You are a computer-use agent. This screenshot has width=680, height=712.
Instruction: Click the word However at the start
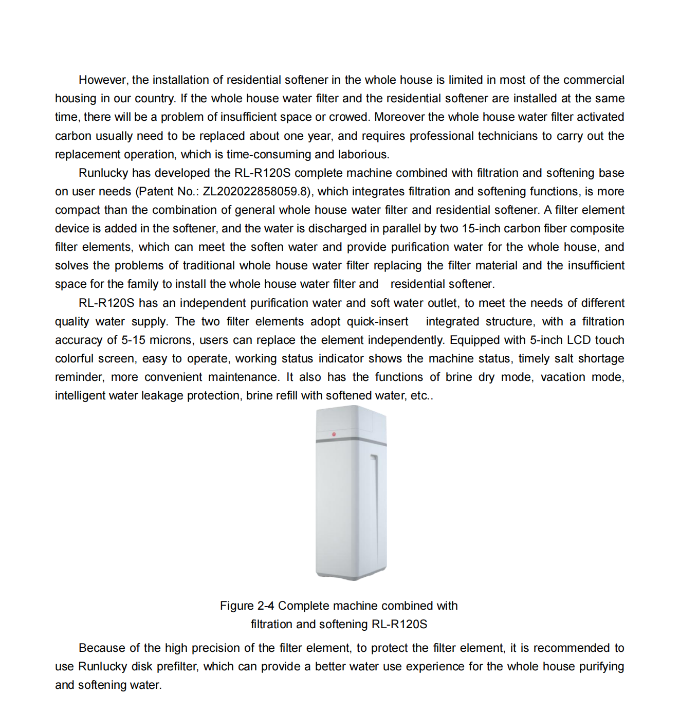pyautogui.click(x=102, y=80)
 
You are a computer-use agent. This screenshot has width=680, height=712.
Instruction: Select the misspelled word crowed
pyautogui.click(x=349, y=117)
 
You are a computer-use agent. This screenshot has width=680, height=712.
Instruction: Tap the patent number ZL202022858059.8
pyautogui.click(x=257, y=192)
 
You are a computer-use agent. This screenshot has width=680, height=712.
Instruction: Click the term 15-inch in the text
pyautogui.click(x=481, y=229)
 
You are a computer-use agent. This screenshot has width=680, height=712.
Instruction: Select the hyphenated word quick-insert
pyautogui.click(x=377, y=322)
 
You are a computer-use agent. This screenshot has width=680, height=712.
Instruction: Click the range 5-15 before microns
pyautogui.click(x=134, y=340)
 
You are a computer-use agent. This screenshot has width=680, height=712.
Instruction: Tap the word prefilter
pyautogui.click(x=177, y=667)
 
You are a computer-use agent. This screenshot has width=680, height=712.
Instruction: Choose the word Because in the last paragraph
pyautogui.click(x=102, y=648)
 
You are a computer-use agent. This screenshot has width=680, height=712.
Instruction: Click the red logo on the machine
pyautogui.click(x=334, y=434)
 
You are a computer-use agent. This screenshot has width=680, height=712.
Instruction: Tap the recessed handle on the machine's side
pyautogui.click(x=375, y=483)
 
